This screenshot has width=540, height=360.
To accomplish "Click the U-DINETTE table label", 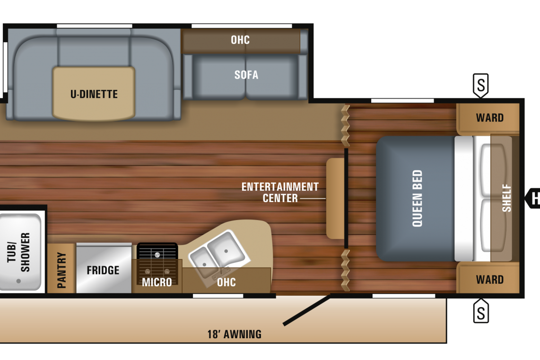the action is point(94,94).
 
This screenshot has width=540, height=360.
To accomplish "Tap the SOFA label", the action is point(246,75).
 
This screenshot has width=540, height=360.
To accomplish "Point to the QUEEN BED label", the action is point(417,198).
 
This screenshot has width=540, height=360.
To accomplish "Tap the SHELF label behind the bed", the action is point(506,198).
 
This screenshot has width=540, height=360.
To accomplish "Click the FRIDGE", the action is point(104,268).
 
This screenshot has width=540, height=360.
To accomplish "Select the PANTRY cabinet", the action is point(61,268).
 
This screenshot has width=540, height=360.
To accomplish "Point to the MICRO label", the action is point(157,282).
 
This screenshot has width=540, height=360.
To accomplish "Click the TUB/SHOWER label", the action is point(18,252).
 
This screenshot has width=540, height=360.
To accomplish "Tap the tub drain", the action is point(18,281).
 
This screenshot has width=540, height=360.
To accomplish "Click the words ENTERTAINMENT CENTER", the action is point(280,192).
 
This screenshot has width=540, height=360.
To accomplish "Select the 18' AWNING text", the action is point(234,334).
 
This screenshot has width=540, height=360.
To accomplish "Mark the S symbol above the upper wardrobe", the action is point(481,85).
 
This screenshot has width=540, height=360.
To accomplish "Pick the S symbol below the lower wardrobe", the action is point(481,311).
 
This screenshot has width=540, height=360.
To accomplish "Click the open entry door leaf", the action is point(306,310).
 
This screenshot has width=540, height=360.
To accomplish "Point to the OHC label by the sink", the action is point(226,282).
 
